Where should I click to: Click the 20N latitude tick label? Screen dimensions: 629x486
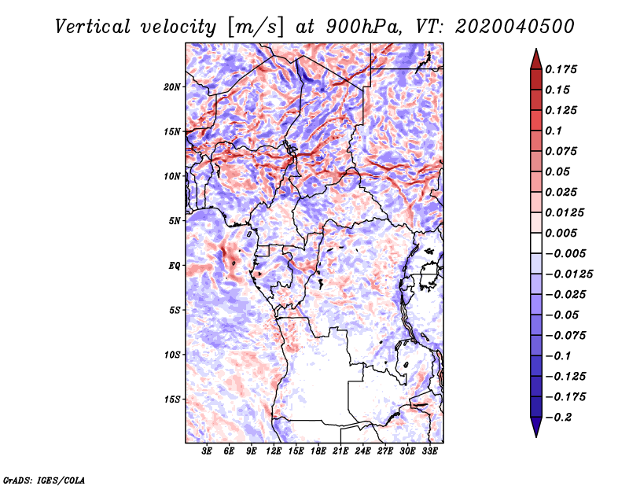(x=172, y=87)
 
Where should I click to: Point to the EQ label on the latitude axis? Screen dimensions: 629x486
(x=175, y=266)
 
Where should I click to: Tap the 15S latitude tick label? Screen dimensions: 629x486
(x=172, y=399)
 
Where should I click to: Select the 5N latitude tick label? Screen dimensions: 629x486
(x=175, y=221)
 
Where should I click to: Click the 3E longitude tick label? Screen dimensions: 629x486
(x=207, y=451)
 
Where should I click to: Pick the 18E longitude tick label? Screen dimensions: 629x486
(x=318, y=451)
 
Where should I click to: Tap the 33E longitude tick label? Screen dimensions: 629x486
(x=429, y=451)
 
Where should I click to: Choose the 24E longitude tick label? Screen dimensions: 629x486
(x=362, y=451)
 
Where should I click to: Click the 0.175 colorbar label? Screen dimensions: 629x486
(x=561, y=69)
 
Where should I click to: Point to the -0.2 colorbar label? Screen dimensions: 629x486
(x=558, y=418)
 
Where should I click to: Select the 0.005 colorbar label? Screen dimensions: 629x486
(x=561, y=233)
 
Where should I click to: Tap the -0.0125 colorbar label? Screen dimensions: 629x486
(x=568, y=274)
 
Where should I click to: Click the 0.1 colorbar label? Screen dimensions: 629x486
(x=554, y=131)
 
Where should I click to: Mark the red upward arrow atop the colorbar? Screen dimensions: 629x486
(x=536, y=59)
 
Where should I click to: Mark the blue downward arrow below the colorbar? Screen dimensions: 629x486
(x=536, y=427)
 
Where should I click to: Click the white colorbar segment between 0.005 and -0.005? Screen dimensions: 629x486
(x=536, y=243)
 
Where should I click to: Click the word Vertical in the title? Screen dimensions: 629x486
(x=93, y=27)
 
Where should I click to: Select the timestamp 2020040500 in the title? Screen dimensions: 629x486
(x=515, y=27)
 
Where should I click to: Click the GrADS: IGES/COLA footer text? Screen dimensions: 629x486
(x=44, y=480)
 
